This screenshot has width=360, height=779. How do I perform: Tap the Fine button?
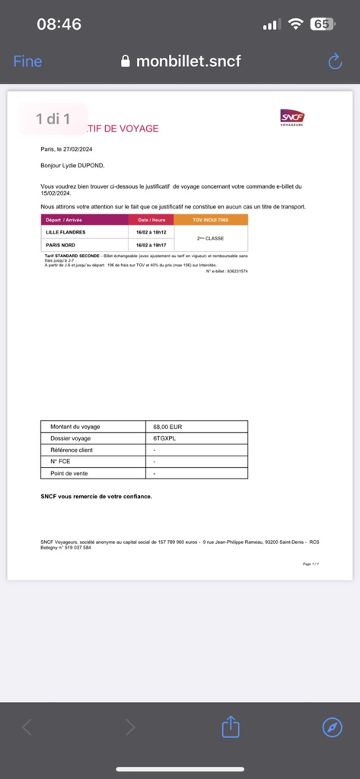pos(28,62)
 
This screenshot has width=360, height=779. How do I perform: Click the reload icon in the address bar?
pos(335,62)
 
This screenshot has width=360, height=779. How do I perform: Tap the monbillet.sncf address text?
pos(188,62)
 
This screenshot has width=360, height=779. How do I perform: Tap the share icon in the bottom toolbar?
pos(231,727)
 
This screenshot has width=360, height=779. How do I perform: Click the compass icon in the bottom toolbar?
pos(332,727)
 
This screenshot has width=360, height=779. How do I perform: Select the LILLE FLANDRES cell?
pos(66,231)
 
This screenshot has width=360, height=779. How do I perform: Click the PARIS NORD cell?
pos(62,245)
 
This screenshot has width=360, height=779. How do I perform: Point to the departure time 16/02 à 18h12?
pos(152,231)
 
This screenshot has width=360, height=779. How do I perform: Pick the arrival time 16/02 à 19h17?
pos(152,245)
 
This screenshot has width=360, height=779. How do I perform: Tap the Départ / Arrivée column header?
pos(64,219)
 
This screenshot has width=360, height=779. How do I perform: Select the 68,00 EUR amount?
pos(167,427)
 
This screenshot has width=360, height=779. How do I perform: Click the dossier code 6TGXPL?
pos(164,438)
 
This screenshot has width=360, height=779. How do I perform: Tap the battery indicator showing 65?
pos(322,24)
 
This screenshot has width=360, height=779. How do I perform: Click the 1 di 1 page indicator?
pos(53,119)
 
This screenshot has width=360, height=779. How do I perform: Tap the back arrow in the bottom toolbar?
pos(27,727)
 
